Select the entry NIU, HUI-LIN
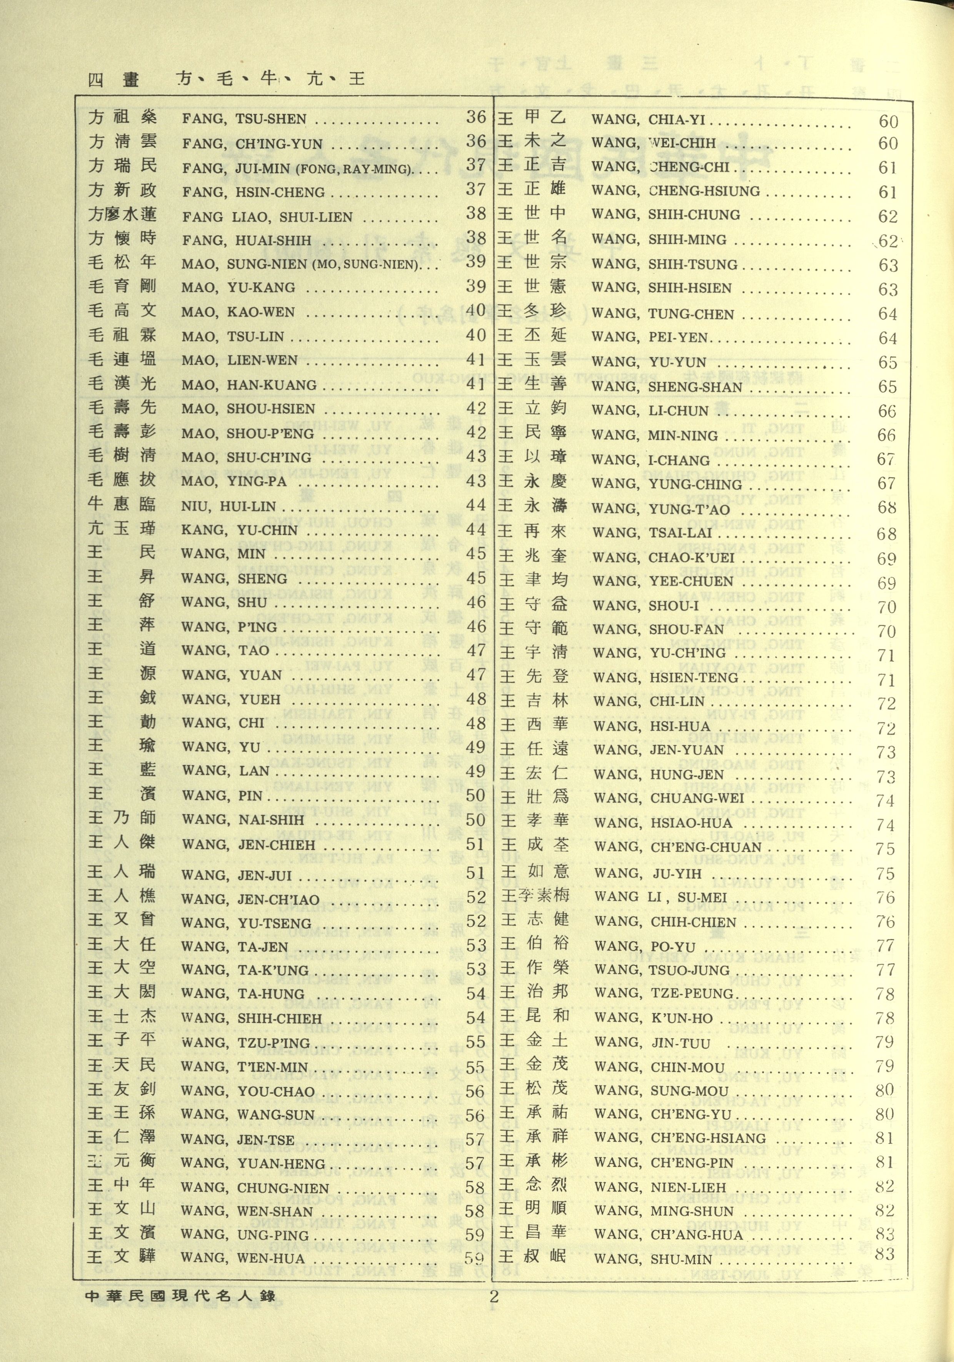[x=228, y=506]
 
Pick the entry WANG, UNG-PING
[x=245, y=1235]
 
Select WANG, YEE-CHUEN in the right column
[x=663, y=581]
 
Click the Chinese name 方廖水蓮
[x=122, y=214]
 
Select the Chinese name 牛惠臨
[x=122, y=504]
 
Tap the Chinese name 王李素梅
[x=535, y=895]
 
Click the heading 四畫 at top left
[x=113, y=79]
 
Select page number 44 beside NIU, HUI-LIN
[x=476, y=505]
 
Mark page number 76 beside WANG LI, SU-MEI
[x=885, y=897]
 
